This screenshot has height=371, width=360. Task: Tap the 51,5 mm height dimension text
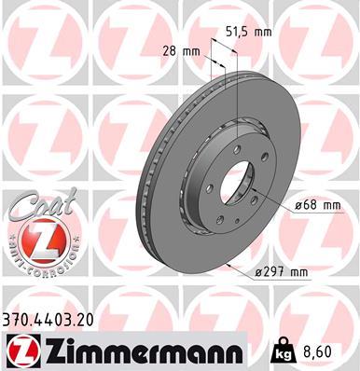pyautogui.click(x=250, y=31)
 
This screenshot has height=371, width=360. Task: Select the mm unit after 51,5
pyautogui.click(x=264, y=31)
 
